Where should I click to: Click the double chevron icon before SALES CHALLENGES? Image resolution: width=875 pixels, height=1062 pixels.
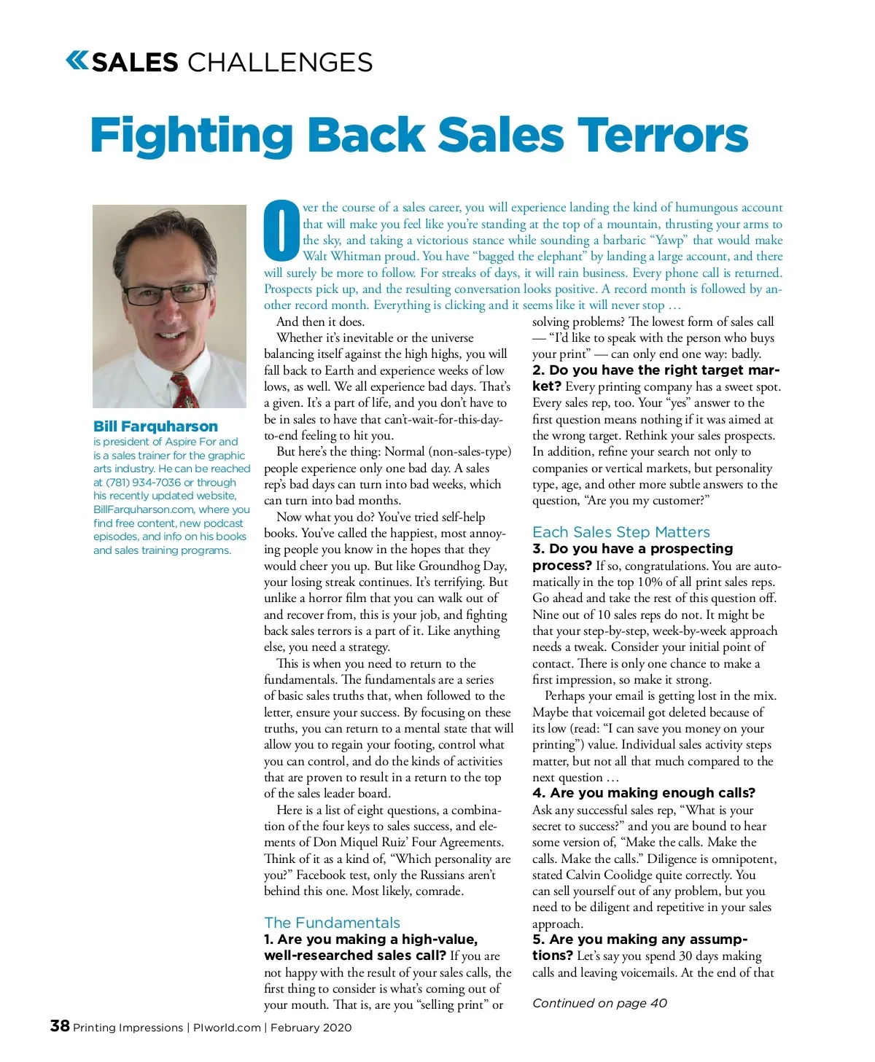pos(77,60)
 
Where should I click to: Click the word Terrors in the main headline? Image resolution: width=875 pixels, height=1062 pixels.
pos(663,136)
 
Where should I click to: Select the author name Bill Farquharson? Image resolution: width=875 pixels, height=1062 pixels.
pos(155,426)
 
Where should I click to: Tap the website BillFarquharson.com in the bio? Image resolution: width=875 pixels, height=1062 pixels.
pos(141,509)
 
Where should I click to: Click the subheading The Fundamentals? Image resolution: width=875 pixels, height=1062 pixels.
pos(332,923)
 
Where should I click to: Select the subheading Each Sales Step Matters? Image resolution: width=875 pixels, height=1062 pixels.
pos(621,532)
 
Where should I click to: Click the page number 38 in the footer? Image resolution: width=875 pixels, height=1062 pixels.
pos(60,1026)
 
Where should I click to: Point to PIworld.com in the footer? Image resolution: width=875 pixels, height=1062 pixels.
pos(227,1028)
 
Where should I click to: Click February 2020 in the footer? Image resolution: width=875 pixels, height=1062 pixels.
pos(311,1028)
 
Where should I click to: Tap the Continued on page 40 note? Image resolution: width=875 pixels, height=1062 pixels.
pos(599,1003)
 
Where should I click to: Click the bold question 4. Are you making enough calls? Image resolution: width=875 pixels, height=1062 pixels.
pos(643,793)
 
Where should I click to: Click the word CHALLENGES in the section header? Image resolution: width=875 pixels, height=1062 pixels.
pos(280,63)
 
